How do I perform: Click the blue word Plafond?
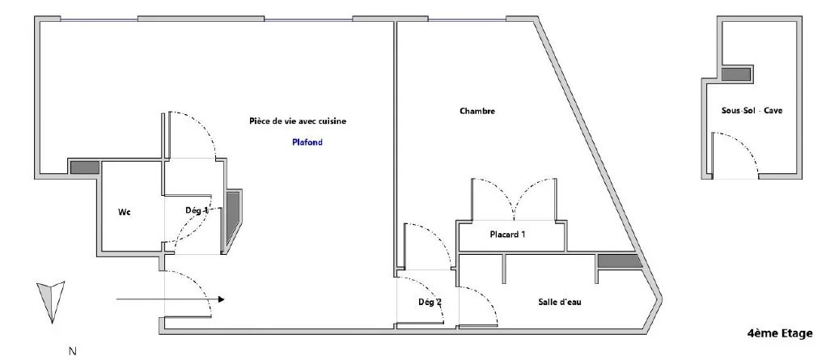coord(307,142)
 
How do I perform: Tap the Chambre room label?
coord(477,111)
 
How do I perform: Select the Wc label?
coord(124,212)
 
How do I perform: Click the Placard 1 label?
coord(507,234)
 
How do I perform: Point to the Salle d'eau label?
coord(560,303)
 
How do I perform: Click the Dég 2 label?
coord(430,303)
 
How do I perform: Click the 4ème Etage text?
coord(780,333)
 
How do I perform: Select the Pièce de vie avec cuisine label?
coord(298,121)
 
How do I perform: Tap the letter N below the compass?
coord(73,350)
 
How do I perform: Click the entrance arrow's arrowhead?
coord(221,299)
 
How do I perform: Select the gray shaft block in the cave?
coord(736,74)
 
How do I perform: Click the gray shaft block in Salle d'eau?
coord(619,261)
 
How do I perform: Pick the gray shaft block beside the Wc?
coord(85,167)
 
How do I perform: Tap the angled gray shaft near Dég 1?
coord(232,217)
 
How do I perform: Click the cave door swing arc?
coord(743,146)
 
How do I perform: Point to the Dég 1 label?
coord(197,210)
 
